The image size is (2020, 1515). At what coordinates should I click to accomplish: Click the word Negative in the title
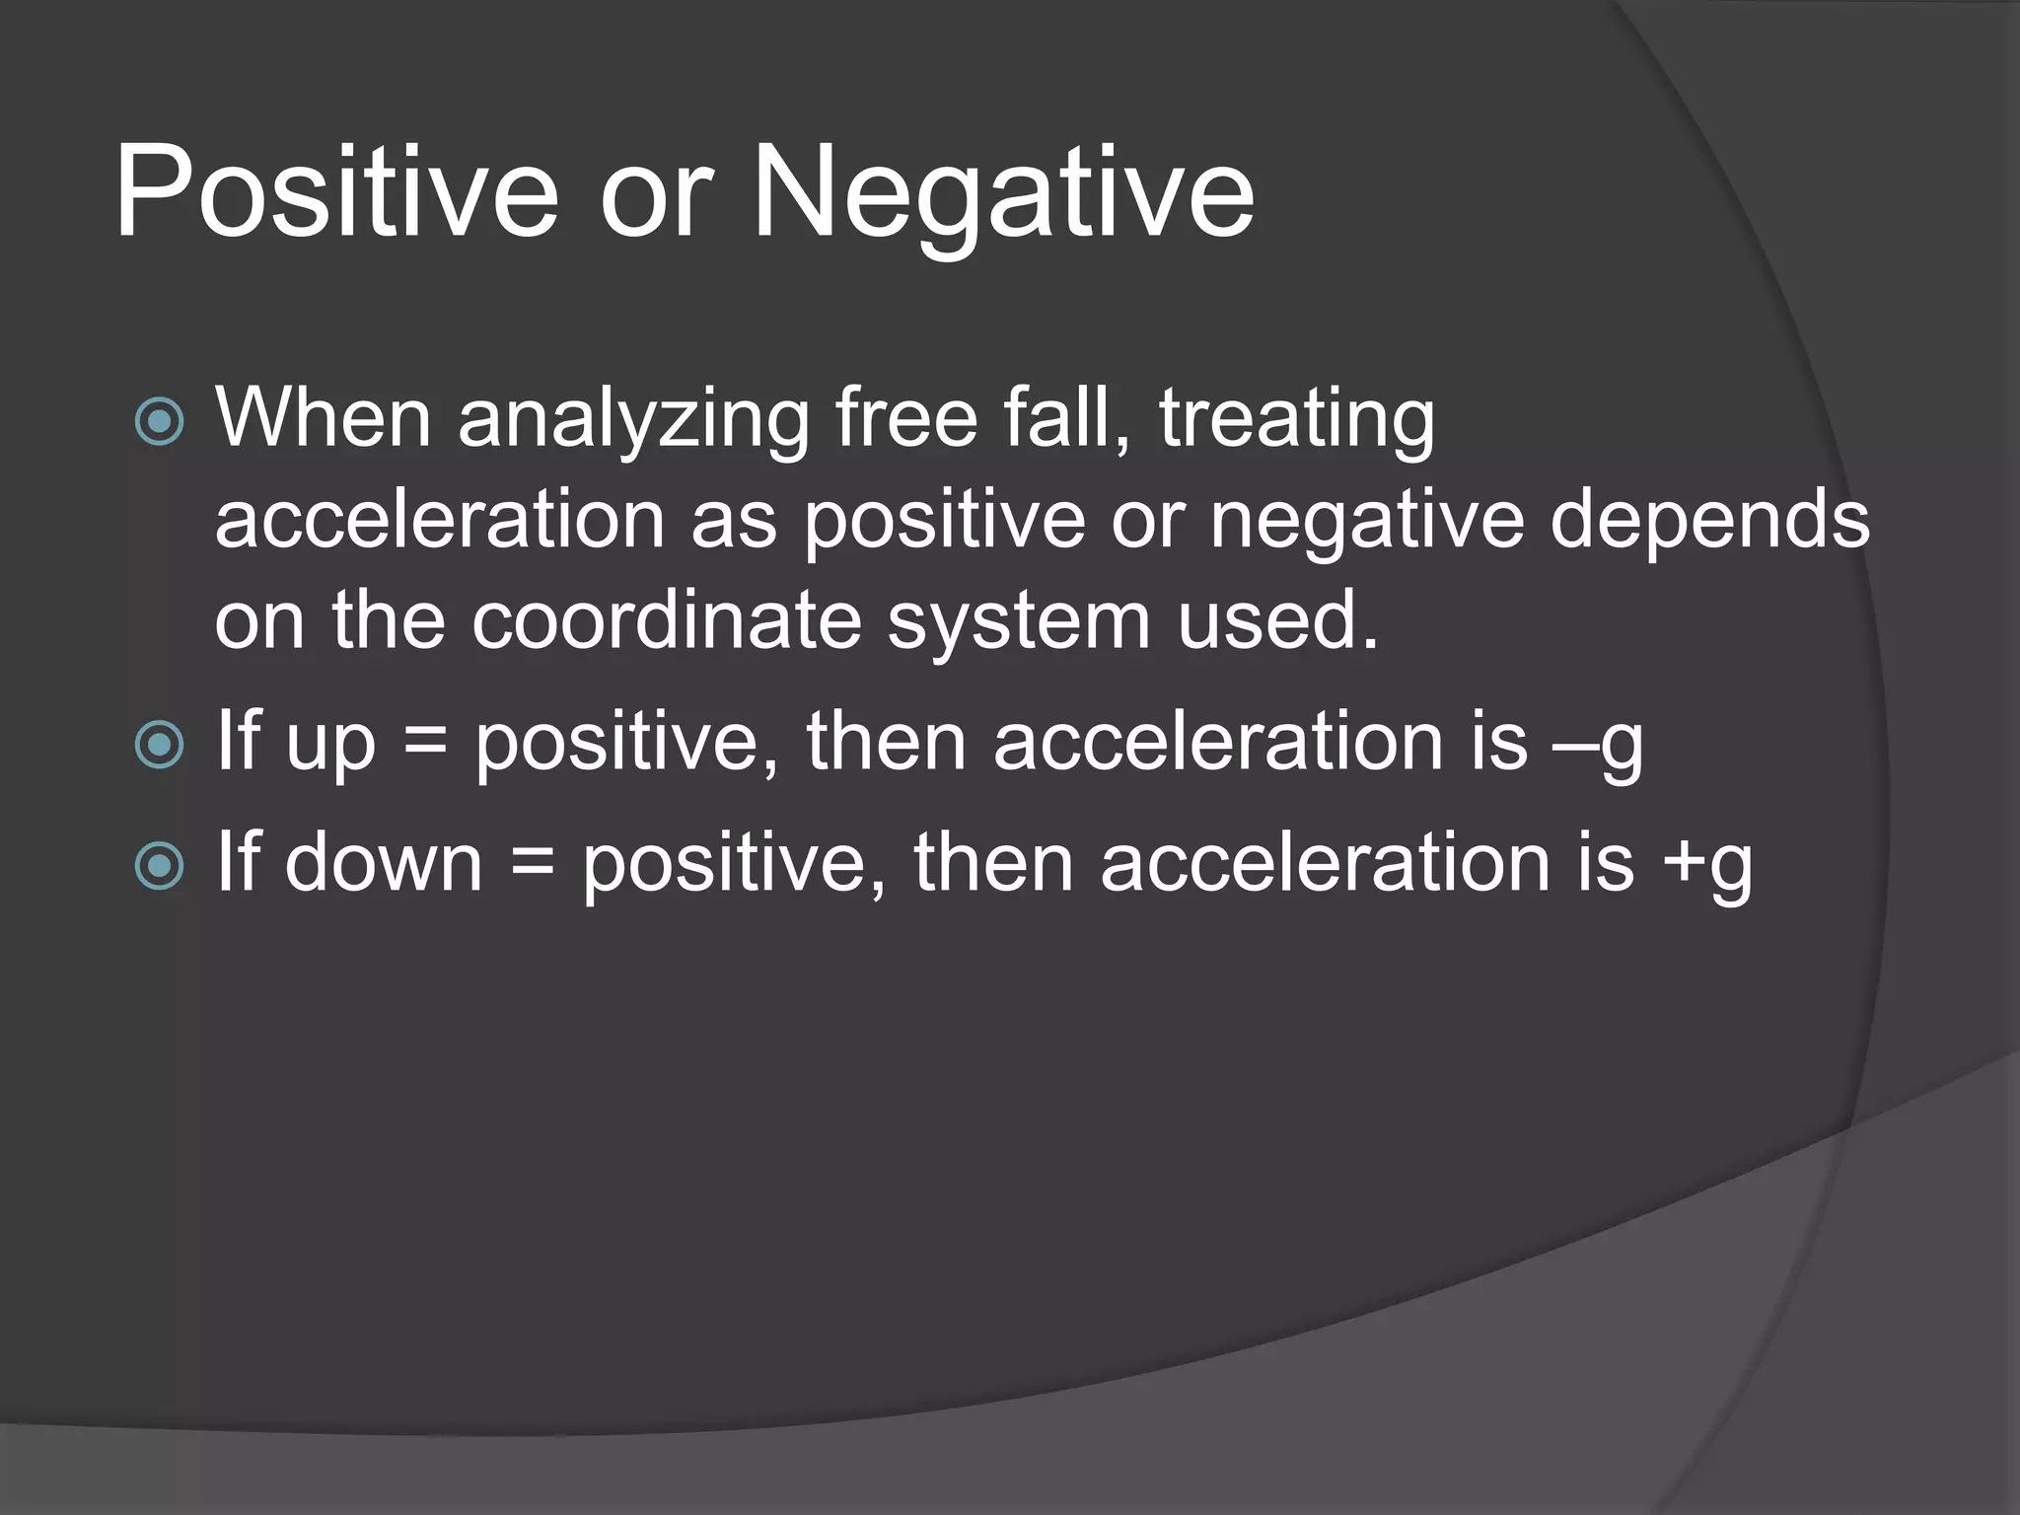point(1002,191)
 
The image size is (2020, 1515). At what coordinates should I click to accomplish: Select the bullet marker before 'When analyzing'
point(159,422)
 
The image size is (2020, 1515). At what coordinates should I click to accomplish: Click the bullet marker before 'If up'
point(159,745)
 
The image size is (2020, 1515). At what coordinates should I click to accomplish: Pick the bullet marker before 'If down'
point(159,866)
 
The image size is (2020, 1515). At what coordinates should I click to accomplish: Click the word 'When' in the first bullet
point(324,418)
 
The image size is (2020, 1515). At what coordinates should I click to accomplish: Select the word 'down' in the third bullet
point(385,863)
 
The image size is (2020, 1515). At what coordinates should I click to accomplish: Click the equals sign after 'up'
point(425,745)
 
